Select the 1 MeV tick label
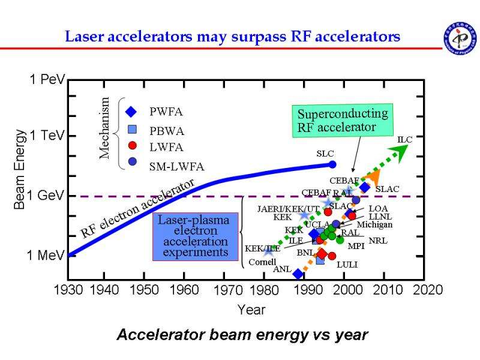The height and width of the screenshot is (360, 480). click(x=46, y=256)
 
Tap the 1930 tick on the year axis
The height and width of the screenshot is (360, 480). click(x=68, y=290)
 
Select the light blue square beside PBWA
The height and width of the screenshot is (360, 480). click(x=133, y=129)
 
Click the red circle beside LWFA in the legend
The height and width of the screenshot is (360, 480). click(x=133, y=146)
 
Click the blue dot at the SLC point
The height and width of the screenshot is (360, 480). click(x=333, y=164)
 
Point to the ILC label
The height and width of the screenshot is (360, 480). click(x=405, y=140)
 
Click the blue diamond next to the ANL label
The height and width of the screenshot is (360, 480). click(x=298, y=274)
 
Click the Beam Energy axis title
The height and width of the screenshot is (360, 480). click(x=20, y=169)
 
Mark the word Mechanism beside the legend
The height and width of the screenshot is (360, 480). click(x=105, y=128)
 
